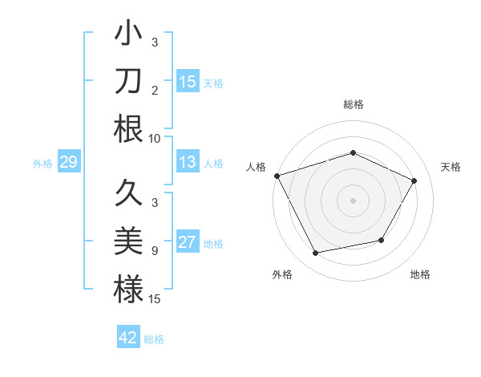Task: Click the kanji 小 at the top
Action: [128, 35]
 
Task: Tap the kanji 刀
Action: [128, 82]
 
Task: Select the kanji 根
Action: [128, 128]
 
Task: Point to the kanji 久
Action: [128, 193]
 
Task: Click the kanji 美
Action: [128, 241]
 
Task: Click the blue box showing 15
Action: [188, 82]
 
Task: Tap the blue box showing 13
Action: [188, 162]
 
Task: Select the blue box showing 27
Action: [188, 242]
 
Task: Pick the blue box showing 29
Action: [68, 163]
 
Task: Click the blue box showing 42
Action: [128, 338]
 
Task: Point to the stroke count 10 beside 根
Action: [155, 137]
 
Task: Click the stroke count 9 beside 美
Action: [155, 251]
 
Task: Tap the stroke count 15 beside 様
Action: [155, 298]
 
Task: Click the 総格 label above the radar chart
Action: [353, 104]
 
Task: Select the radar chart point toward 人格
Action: [277, 176]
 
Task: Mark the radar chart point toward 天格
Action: [414, 180]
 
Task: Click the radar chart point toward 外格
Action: [316, 253]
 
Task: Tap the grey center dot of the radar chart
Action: [353, 201]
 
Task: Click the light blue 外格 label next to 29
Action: [42, 164]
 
